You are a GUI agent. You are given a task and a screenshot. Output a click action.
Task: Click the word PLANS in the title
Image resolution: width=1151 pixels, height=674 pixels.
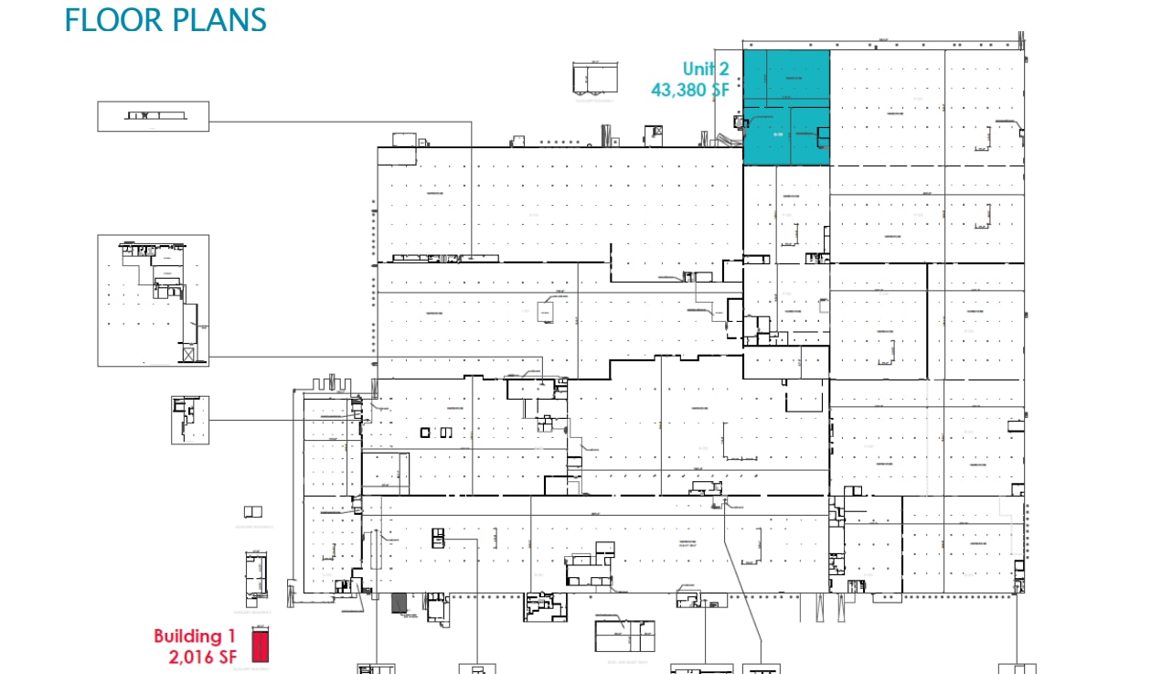tap(215, 20)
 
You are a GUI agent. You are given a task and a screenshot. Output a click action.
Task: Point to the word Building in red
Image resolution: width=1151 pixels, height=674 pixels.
tap(187, 636)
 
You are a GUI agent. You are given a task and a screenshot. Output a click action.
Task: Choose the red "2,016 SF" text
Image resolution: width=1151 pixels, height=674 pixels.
tap(202, 656)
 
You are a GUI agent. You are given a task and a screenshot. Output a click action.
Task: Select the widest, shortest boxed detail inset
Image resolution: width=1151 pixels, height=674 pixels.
tap(154, 116)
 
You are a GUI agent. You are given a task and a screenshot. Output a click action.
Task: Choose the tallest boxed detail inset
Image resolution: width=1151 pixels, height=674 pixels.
tap(154, 301)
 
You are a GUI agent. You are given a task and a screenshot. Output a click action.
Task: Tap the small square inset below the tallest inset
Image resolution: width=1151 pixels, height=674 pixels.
tap(190, 420)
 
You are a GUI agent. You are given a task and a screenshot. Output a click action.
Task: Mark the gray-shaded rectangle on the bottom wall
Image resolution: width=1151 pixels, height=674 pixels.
tap(398, 603)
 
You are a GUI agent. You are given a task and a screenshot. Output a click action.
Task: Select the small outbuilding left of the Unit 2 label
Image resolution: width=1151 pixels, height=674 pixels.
tap(594, 78)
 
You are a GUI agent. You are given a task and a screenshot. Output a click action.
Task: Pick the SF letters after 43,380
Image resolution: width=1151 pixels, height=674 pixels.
tap(722, 90)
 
